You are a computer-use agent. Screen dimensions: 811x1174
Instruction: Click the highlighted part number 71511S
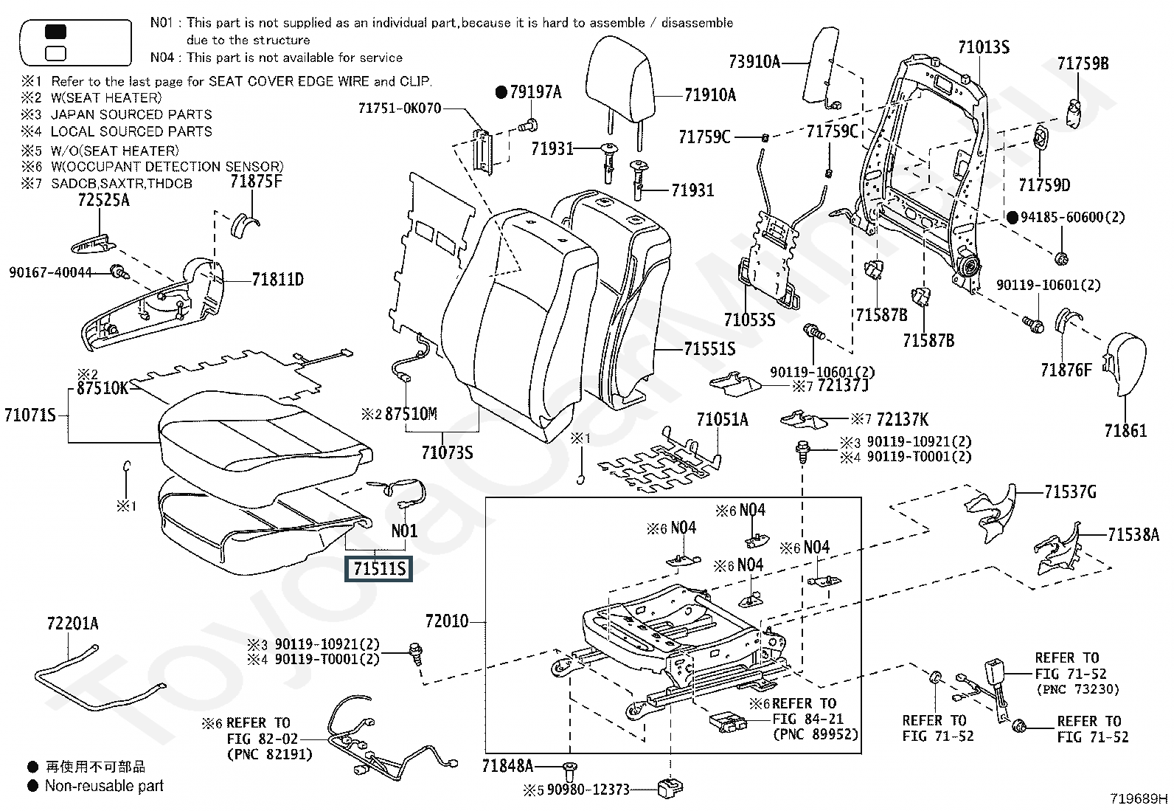(x=379, y=569)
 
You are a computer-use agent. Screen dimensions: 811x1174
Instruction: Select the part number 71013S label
(x=983, y=47)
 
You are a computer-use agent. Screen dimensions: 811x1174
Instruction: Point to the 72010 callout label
(x=447, y=621)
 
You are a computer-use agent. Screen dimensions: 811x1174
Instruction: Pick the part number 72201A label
(x=72, y=624)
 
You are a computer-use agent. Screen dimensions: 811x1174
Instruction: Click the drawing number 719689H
(x=1139, y=798)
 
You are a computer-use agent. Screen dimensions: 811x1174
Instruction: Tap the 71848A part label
(x=507, y=766)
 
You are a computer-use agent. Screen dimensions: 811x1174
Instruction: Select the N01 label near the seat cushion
(x=404, y=531)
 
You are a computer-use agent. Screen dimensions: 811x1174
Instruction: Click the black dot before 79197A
(x=501, y=92)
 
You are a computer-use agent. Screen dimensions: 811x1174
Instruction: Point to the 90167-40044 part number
(x=50, y=272)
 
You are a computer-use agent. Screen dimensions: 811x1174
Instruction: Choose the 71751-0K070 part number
(x=400, y=108)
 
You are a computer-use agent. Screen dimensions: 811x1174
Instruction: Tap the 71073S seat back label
(x=447, y=452)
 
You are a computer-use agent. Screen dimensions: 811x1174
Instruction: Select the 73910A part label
(x=754, y=62)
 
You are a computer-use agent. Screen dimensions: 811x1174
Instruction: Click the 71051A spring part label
(x=722, y=420)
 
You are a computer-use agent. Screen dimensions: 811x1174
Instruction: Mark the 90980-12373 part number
(x=586, y=790)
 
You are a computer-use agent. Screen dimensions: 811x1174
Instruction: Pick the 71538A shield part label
(x=1133, y=535)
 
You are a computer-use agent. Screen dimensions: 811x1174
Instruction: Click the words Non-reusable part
(x=104, y=786)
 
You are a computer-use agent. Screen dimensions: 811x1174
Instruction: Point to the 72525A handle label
(x=103, y=199)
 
